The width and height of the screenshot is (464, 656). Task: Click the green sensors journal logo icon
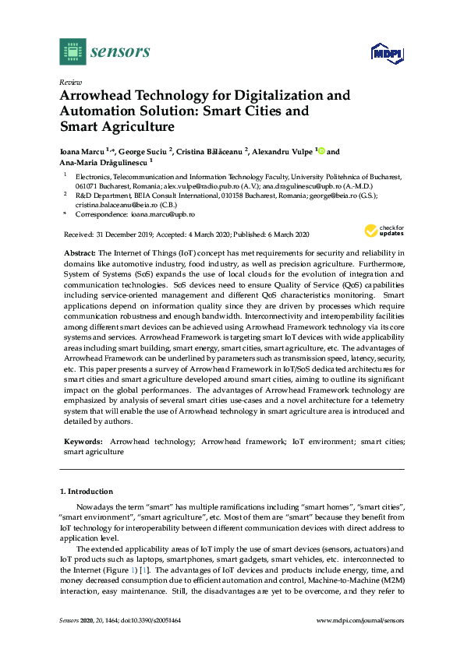72,51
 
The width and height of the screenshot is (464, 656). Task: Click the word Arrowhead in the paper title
95,96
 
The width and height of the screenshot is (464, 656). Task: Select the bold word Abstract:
79,254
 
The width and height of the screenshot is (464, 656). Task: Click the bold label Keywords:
83,441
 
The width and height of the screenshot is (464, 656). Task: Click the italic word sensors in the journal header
120,52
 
